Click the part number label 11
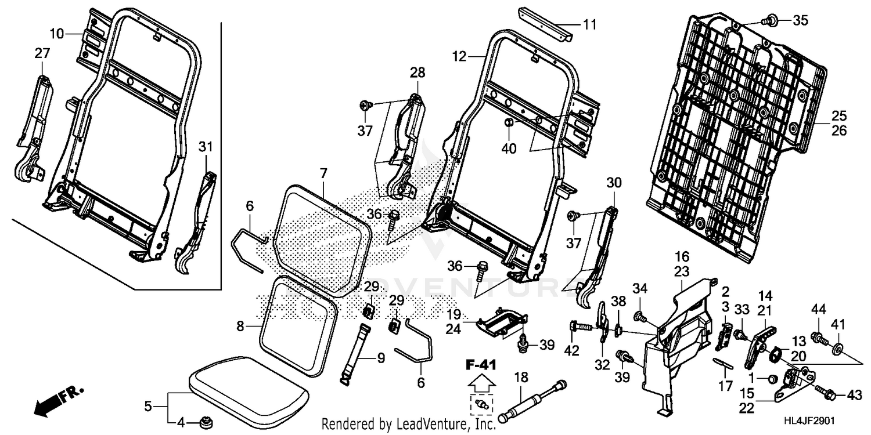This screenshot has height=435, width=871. (589, 24)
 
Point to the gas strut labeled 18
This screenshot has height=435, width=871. (531, 400)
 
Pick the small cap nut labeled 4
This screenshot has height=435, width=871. (205, 422)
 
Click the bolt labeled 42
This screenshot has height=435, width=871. (581, 327)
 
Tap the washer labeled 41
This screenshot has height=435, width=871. (838, 349)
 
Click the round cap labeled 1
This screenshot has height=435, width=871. (772, 379)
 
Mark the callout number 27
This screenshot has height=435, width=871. (42, 53)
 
